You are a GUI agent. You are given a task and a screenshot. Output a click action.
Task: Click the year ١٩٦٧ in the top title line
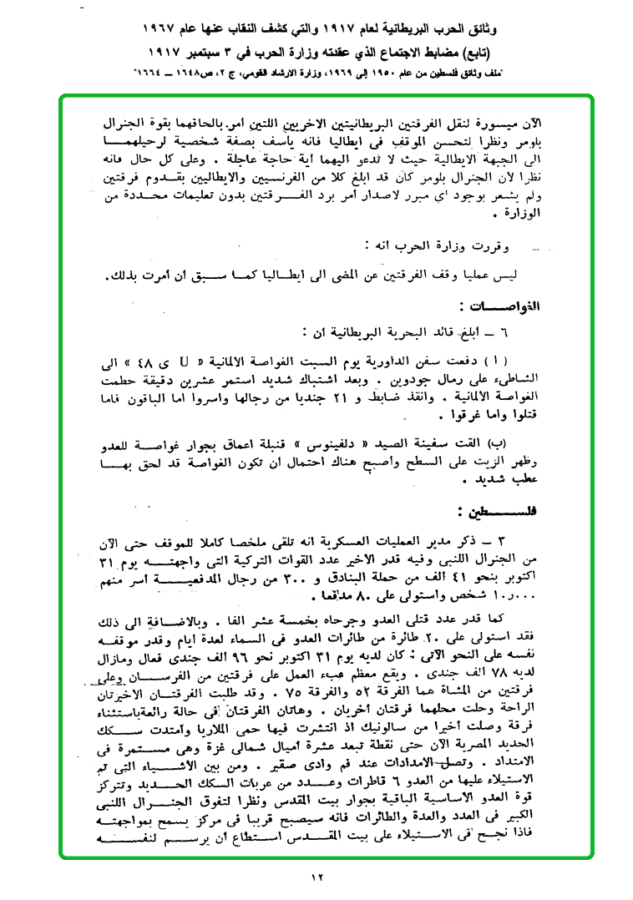162,29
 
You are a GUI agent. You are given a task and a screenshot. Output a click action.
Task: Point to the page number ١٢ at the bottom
317,876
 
